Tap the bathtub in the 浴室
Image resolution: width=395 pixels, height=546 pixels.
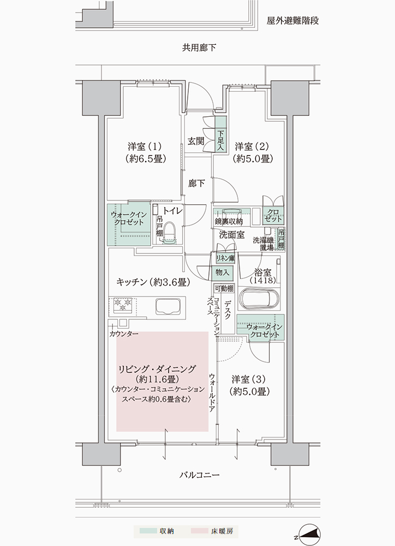tap(260, 299)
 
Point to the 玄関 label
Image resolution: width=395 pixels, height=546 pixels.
tap(196, 141)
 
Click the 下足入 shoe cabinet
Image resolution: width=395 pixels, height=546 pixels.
tap(220, 134)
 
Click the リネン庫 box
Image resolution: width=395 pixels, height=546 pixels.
tap(225, 258)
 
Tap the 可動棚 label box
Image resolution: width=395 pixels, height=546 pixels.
tap(224, 288)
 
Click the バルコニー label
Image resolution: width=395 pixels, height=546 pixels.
tap(200, 475)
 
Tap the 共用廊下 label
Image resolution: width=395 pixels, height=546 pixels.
tap(199, 48)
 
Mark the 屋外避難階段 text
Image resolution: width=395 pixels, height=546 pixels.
tap(292, 21)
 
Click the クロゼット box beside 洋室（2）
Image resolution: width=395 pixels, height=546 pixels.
tap(273, 216)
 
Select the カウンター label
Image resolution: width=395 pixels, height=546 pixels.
tap(123, 334)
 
